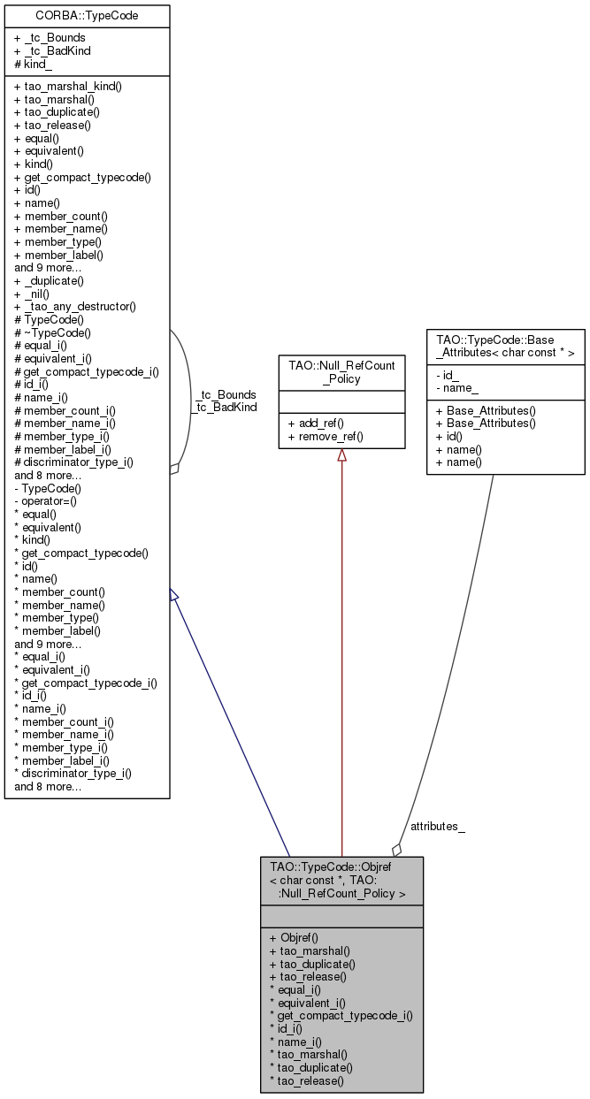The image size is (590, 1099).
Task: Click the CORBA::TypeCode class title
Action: tap(87, 15)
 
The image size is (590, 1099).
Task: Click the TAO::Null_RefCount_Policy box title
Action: tap(341, 370)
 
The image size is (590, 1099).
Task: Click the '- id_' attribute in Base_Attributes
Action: tap(448, 375)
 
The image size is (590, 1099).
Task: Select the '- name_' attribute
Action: tap(456, 388)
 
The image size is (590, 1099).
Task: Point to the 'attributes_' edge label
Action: tap(437, 826)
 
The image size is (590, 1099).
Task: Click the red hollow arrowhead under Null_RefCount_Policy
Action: tap(341, 454)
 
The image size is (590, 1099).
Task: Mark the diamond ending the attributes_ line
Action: tap(397, 849)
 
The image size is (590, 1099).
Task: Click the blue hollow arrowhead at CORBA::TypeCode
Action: tap(174, 597)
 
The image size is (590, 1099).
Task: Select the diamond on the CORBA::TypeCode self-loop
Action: tap(175, 469)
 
